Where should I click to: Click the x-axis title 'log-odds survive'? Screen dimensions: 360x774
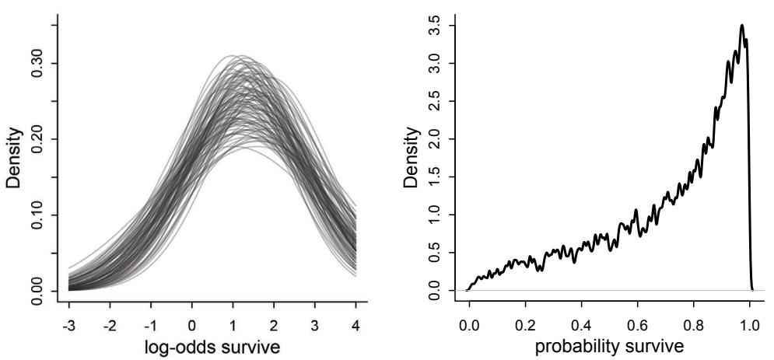[211, 346]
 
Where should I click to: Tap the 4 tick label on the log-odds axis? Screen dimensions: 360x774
[355, 320]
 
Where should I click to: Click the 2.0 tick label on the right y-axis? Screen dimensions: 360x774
[441, 139]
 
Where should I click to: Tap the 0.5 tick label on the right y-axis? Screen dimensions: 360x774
[441, 253]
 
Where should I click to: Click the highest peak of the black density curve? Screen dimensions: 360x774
[742, 26]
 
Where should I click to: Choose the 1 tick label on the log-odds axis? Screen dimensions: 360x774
[232, 320]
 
